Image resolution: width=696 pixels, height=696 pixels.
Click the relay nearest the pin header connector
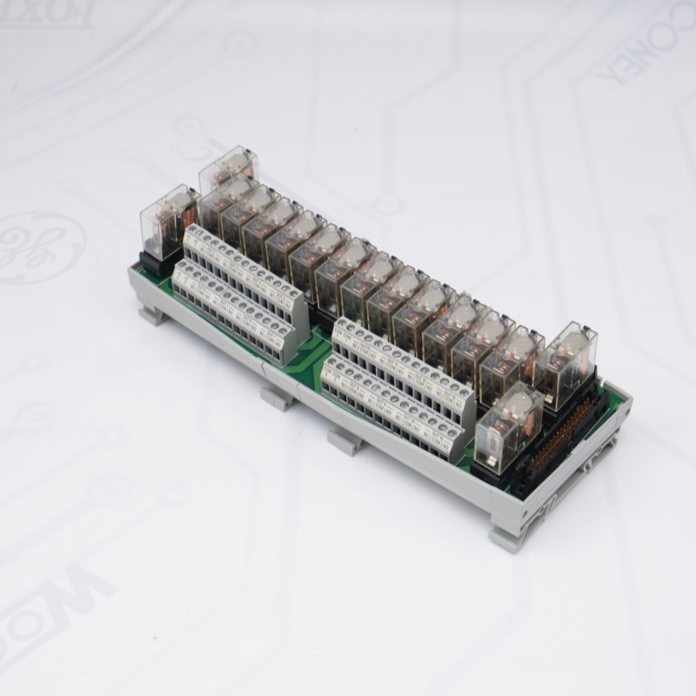pos(509,421)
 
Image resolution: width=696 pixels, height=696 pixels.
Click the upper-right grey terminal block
pos(403,365)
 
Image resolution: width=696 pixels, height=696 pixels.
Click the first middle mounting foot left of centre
pos(278,398)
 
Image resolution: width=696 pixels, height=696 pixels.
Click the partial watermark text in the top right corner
pos(644,52)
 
